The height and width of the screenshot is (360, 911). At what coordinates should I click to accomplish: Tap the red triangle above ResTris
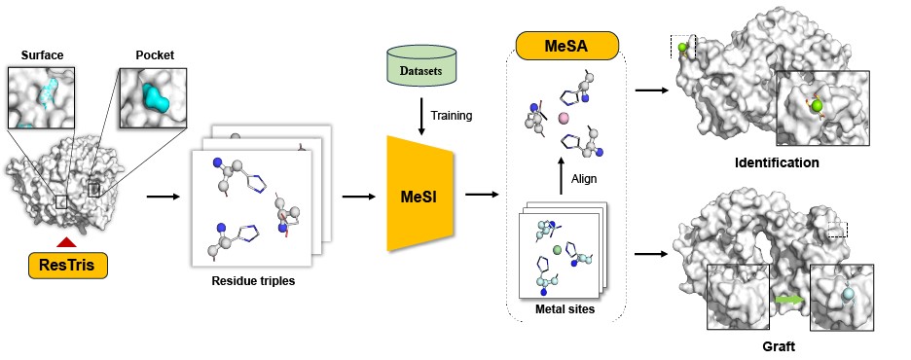(66, 241)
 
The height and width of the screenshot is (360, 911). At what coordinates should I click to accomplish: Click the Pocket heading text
(155, 55)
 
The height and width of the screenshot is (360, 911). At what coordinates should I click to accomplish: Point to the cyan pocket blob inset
(154, 96)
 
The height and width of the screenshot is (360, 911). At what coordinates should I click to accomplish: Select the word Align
(584, 179)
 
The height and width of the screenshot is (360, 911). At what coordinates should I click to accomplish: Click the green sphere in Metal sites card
(557, 250)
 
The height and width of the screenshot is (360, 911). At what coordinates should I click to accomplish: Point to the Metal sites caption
(564, 309)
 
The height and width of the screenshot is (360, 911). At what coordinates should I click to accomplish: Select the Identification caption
(777, 162)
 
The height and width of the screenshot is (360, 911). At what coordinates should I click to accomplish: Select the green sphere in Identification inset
(817, 105)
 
